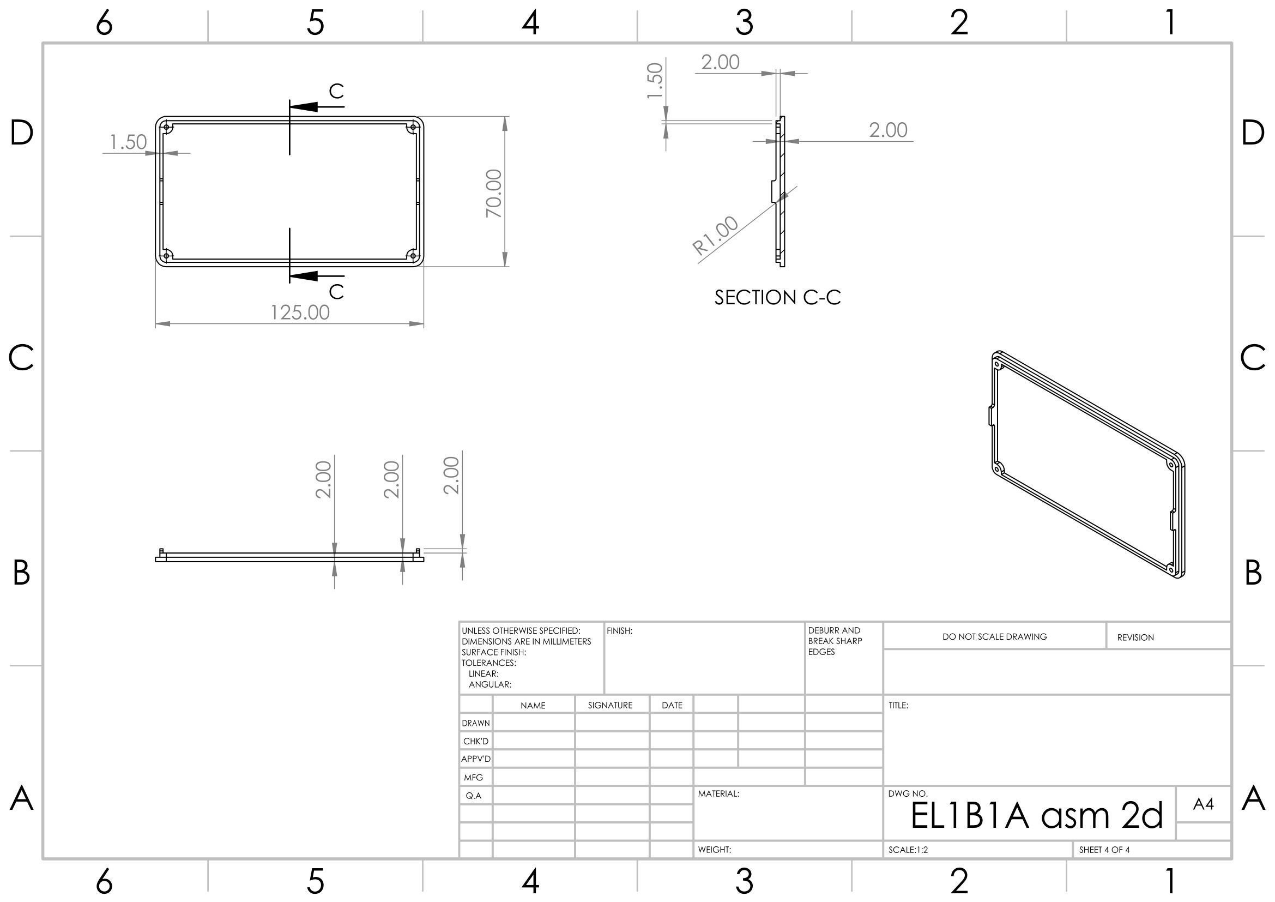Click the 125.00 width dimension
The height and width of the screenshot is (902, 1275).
300,312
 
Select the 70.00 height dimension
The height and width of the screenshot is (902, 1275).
494,193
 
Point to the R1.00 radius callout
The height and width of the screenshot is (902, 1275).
716,236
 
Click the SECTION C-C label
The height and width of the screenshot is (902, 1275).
777,298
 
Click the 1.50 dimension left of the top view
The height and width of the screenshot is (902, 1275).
128,142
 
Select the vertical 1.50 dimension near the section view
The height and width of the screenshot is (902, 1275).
656,81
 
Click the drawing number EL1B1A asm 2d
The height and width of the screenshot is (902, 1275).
1036,815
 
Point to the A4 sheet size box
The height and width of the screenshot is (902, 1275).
1203,804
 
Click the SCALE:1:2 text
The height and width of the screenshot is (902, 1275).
908,850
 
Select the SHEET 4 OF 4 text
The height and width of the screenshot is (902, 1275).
1104,850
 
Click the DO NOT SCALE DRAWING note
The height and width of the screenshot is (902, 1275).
994,636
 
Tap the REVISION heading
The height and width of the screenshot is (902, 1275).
1135,638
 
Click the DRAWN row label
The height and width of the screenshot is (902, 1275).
476,723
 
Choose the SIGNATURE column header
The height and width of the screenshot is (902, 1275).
610,705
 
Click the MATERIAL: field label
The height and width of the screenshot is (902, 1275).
718,793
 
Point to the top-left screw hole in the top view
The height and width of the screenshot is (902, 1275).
166,128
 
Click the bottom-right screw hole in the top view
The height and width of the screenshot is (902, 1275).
413,255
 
